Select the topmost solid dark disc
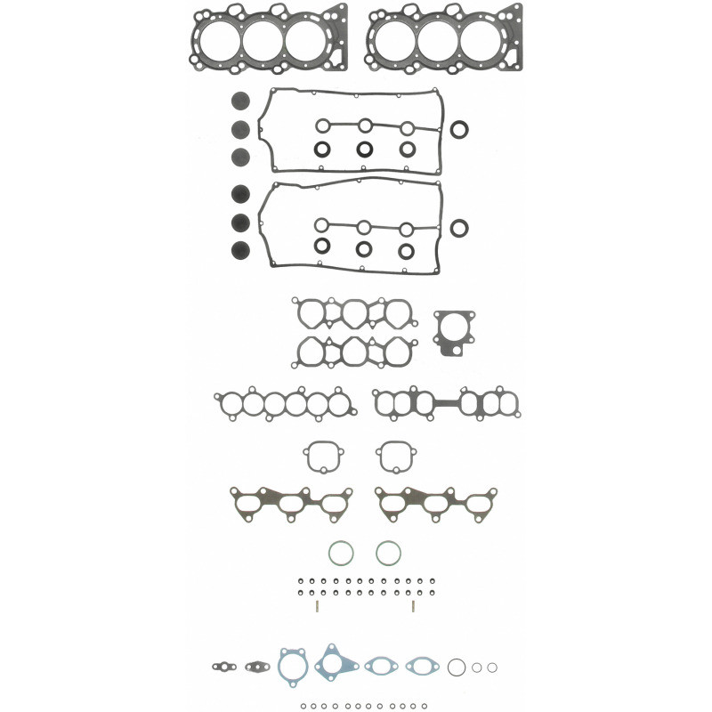click(239, 101)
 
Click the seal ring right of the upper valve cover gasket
click(459, 131)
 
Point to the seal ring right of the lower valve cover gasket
click(459, 228)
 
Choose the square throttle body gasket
click(454, 332)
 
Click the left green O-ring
click(341, 553)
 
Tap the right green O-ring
click(388, 553)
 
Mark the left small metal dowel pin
click(316, 606)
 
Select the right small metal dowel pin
click(414, 606)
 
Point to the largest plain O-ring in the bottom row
click(457, 667)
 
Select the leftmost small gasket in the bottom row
click(222, 665)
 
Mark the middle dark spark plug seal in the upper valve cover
click(365, 149)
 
